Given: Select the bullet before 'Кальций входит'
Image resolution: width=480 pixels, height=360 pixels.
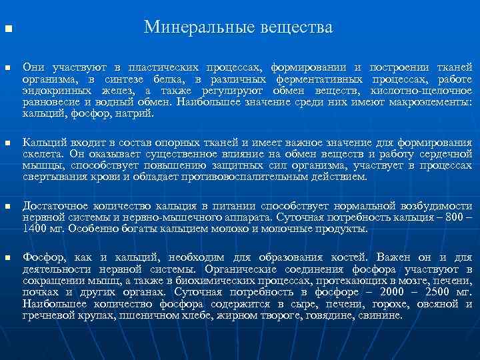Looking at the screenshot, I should click(7, 143).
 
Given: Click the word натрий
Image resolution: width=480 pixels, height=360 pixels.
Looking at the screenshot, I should click(135, 113).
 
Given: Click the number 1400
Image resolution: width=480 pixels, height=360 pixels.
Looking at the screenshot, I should click(35, 229).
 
